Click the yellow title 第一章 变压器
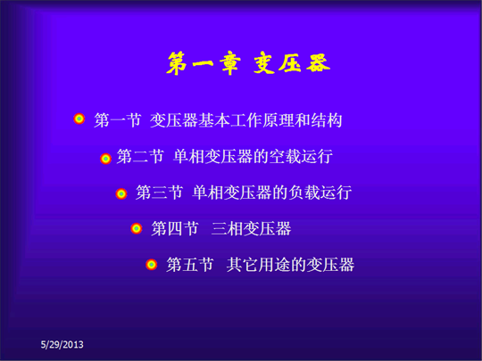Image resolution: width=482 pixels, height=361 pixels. [248, 63]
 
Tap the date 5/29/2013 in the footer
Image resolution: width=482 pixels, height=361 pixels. [62, 344]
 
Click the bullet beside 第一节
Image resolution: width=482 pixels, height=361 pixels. [79, 119]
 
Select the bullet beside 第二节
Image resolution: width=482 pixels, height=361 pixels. [105, 159]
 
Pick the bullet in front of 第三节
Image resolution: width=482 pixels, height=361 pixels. [121, 193]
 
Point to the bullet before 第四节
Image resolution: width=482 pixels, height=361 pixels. [137, 228]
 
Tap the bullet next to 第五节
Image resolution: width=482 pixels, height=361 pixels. [151, 265]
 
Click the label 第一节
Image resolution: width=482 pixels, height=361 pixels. [118, 120]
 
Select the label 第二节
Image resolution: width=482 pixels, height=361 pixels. [140, 157]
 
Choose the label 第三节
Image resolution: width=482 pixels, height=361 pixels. [159, 193]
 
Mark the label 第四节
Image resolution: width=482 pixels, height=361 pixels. [175, 229]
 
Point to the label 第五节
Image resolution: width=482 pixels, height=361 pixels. [189, 265]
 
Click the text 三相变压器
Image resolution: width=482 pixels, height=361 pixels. [251, 229]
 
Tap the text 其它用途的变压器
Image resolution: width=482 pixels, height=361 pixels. [290, 265]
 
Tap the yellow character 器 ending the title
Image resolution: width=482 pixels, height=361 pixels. [318, 62]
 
